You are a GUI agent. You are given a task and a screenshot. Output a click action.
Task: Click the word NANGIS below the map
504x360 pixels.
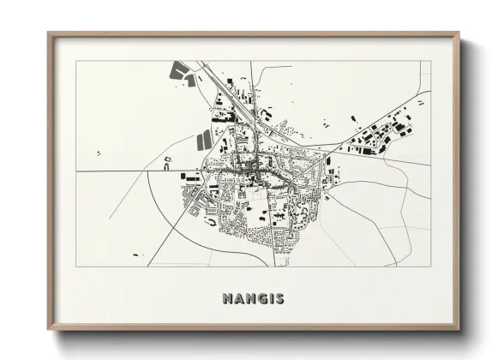(x=253, y=299)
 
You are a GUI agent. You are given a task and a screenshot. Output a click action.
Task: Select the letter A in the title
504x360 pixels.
(x=237, y=299)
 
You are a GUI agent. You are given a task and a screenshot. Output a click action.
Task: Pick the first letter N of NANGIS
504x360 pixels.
(x=226, y=299)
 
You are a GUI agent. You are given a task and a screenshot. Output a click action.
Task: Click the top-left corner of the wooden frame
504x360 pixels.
(x=49, y=33)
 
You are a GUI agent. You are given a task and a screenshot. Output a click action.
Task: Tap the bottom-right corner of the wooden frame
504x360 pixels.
(x=459, y=329)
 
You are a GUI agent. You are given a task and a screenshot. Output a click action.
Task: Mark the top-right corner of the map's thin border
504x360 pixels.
(x=430, y=61)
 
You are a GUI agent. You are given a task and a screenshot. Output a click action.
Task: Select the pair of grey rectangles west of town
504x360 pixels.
(x=205, y=138)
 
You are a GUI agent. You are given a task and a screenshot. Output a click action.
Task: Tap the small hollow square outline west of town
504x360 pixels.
(x=168, y=160)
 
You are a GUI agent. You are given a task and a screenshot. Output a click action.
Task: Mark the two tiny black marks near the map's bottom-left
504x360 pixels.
(x=137, y=255)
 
